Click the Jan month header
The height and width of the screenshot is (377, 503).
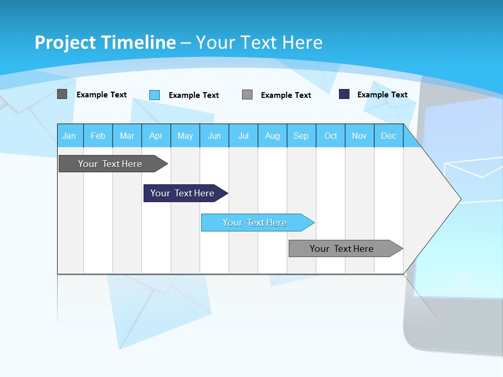click(x=69, y=136)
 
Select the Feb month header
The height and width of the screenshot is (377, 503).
click(x=98, y=136)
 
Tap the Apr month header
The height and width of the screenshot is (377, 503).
click(x=156, y=136)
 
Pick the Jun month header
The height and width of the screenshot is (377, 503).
click(x=214, y=136)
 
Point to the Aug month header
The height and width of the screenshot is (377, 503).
click(x=272, y=136)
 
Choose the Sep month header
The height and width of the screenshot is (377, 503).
click(x=301, y=136)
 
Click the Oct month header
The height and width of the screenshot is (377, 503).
click(x=331, y=136)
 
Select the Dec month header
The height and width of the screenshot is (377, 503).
click(x=389, y=136)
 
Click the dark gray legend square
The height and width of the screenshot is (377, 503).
click(x=62, y=94)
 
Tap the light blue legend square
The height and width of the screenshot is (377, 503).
click(x=155, y=95)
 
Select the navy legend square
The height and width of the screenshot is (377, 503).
click(x=344, y=94)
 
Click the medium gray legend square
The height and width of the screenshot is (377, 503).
click(x=247, y=95)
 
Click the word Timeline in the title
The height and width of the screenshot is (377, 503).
click(x=138, y=42)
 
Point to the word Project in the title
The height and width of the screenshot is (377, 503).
click(x=65, y=42)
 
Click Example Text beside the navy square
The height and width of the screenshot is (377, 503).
click(x=382, y=95)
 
